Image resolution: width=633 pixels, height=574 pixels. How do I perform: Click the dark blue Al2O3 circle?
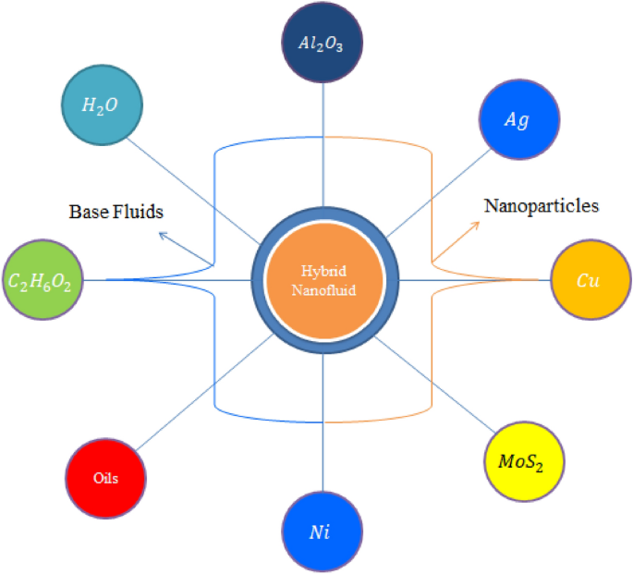click(x=323, y=43)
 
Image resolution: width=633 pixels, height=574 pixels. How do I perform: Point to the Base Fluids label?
click(x=116, y=212)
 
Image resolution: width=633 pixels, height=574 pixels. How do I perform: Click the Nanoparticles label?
click(x=542, y=205)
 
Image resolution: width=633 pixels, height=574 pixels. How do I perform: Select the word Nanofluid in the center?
click(x=324, y=287)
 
